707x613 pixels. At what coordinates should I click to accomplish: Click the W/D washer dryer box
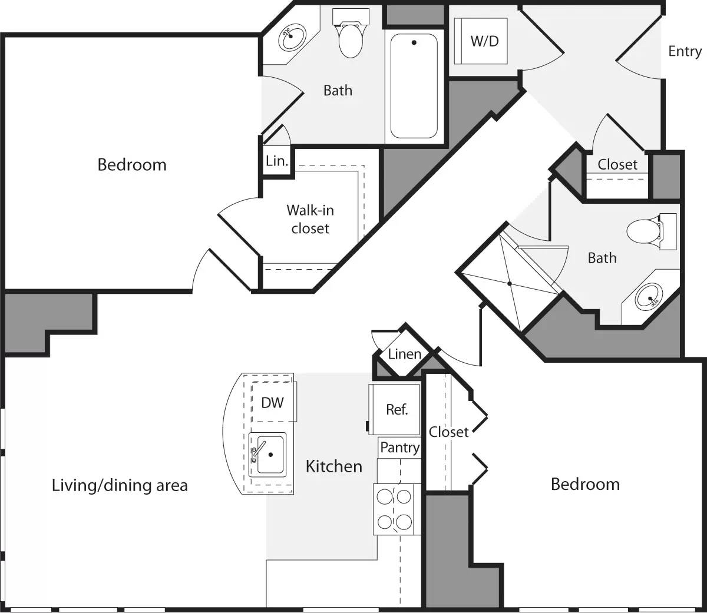(484, 41)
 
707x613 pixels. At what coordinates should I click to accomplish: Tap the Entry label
(685, 51)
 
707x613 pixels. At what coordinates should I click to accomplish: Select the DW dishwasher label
(272, 402)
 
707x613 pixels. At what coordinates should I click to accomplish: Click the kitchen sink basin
(268, 455)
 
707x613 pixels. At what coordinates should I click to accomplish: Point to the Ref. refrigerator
(397, 409)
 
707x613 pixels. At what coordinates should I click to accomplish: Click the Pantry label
(399, 448)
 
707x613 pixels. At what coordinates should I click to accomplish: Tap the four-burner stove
(394, 509)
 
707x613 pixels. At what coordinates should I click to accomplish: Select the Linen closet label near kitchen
(404, 354)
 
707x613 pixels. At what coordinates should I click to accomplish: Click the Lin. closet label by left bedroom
(277, 161)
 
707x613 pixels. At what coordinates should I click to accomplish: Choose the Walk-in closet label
(310, 219)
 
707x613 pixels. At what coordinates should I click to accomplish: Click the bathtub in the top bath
(414, 85)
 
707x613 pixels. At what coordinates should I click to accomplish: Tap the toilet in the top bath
(350, 38)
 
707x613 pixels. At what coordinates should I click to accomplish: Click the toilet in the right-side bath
(645, 231)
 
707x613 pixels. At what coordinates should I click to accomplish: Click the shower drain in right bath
(510, 283)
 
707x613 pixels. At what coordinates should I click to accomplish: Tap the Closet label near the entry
(617, 165)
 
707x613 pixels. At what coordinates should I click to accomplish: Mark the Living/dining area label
(120, 486)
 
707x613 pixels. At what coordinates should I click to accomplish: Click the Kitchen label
(333, 466)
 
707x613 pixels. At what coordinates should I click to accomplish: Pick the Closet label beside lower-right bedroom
(448, 432)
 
